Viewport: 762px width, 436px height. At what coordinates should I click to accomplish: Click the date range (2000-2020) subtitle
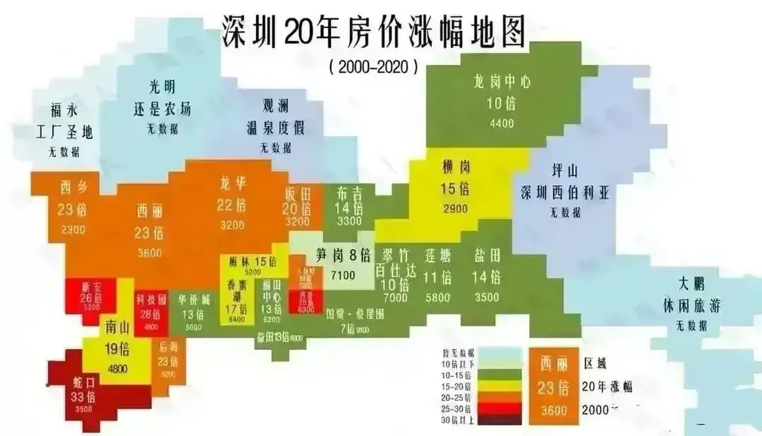[373, 67]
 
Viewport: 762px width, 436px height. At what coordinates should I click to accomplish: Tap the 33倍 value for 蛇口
[83, 396]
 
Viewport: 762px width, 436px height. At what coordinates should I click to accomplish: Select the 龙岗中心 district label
[502, 82]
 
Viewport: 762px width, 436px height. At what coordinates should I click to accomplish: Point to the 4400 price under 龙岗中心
[501, 123]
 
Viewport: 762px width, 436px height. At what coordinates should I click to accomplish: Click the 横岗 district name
[456, 167]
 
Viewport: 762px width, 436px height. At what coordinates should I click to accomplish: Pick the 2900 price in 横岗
[455, 209]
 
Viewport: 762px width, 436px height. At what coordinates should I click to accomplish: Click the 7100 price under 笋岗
[343, 275]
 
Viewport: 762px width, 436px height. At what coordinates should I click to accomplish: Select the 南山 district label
[118, 328]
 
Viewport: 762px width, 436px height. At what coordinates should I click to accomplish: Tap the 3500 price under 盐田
[487, 297]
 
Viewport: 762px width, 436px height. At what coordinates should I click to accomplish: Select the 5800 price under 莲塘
[438, 298]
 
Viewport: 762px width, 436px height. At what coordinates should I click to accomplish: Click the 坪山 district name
[564, 171]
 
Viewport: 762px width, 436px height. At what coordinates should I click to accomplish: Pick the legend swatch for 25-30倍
[499, 408]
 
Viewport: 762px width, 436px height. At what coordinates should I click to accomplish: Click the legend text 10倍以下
[457, 364]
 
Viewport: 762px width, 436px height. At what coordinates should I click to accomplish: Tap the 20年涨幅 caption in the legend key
[607, 387]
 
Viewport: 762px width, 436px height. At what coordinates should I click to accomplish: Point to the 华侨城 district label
[194, 300]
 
